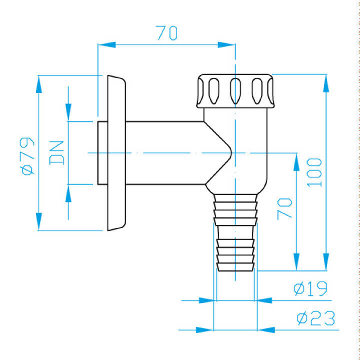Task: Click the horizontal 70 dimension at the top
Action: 166,33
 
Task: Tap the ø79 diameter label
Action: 27,156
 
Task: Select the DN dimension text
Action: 56,153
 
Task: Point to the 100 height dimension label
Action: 314,172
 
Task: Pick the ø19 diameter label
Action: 310,288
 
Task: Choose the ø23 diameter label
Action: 315,318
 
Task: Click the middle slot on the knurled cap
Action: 235,91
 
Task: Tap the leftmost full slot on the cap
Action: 214,91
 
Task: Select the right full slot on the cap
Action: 257,91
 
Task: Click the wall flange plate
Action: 116,153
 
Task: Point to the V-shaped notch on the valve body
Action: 218,153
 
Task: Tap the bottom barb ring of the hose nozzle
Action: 235,267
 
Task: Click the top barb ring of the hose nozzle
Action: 235,198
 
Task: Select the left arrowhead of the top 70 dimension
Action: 106,45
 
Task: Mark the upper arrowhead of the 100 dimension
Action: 326,83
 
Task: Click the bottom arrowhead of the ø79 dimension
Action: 39,221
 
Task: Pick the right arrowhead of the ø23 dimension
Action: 266,330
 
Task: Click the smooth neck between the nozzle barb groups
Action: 235,232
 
